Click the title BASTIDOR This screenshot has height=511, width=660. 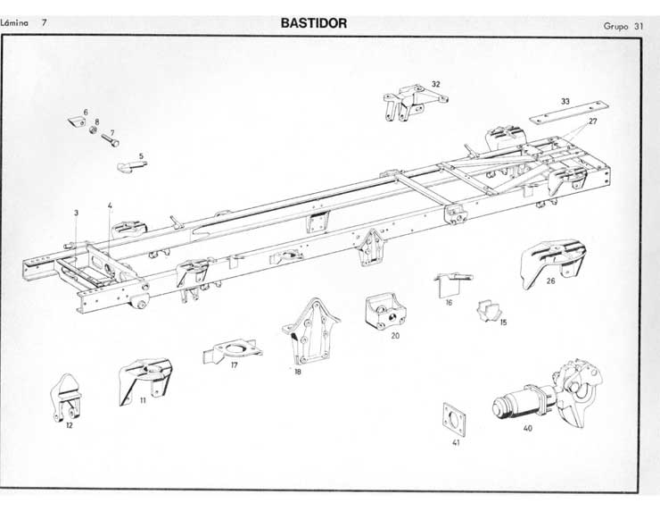click(x=313, y=23)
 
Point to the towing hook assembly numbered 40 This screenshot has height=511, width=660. click(x=548, y=398)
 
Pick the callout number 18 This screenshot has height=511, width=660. click(x=298, y=372)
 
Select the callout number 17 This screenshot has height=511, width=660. click(x=234, y=365)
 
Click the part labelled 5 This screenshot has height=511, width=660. click(x=131, y=164)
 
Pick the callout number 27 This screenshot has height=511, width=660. click(x=593, y=121)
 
